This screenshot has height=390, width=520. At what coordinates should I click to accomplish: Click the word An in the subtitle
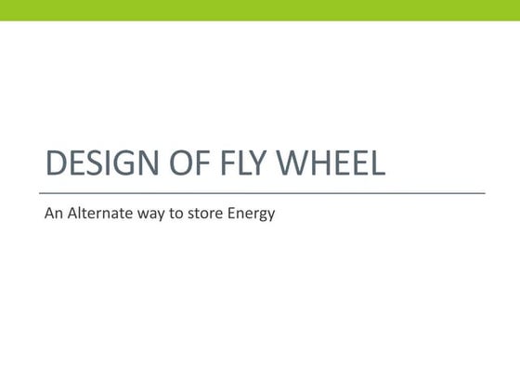(x=54, y=214)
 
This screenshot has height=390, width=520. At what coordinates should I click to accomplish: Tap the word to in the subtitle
(x=178, y=214)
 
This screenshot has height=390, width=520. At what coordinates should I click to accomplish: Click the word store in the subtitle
(x=207, y=214)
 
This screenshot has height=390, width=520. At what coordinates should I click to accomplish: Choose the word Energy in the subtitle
(x=253, y=215)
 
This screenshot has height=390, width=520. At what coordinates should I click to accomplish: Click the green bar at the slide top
(x=260, y=9)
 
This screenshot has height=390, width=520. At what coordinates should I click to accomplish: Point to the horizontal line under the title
(x=265, y=192)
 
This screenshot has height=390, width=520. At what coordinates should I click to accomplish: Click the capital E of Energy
(x=233, y=214)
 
